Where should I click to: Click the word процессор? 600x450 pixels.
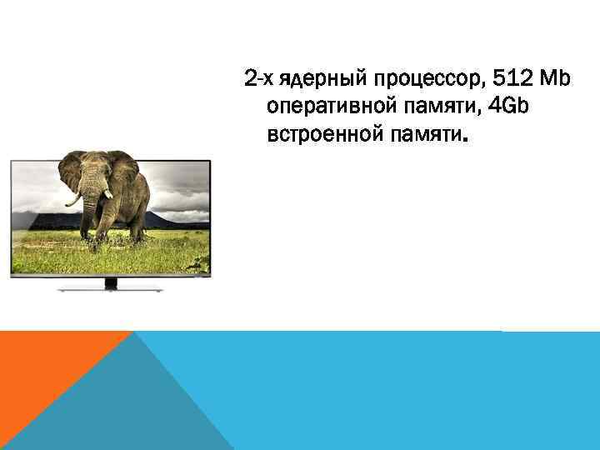pyautogui.click(x=425, y=80)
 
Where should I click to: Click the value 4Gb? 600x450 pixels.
pyautogui.click(x=507, y=107)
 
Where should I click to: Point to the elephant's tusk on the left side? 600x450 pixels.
pyautogui.click(x=74, y=199)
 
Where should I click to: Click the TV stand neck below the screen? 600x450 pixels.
pyautogui.click(x=110, y=282)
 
